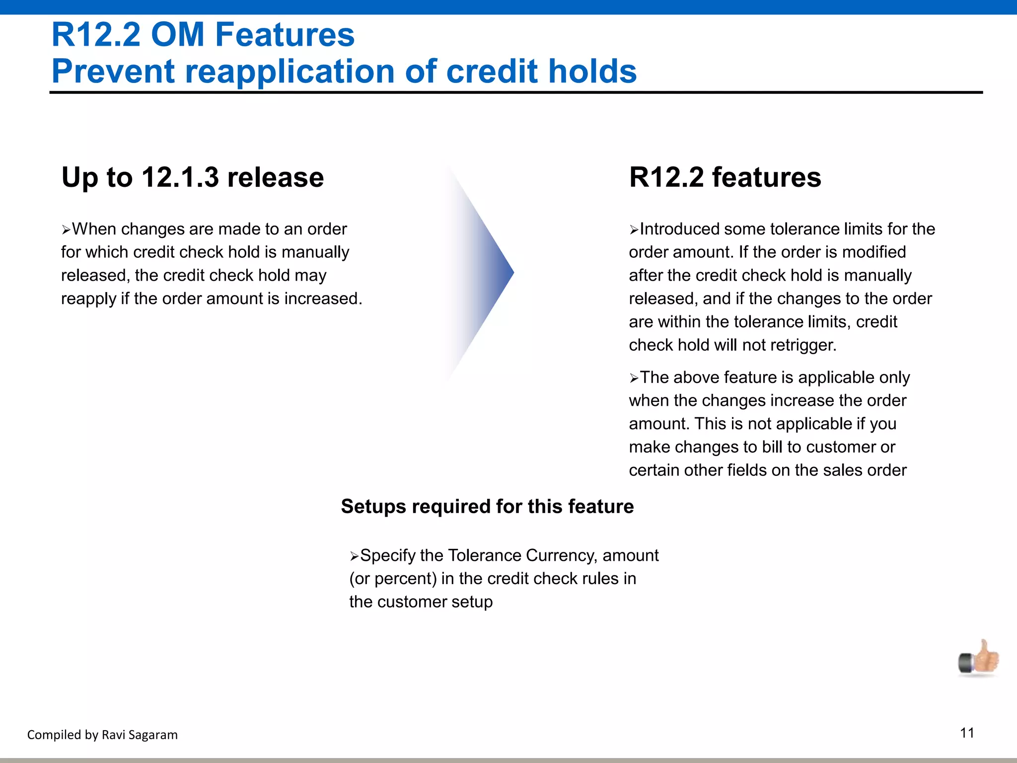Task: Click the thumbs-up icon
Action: click(979, 658)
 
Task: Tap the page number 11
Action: click(967, 733)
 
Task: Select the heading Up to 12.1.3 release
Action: click(193, 177)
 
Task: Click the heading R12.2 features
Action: click(725, 177)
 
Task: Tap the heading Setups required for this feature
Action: click(487, 506)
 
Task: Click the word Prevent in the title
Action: click(113, 71)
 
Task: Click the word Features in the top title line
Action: click(285, 35)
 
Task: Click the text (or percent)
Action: click(393, 579)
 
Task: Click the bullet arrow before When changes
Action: click(66, 230)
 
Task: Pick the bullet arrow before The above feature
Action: click(634, 379)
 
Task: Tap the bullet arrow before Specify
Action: click(354, 556)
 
